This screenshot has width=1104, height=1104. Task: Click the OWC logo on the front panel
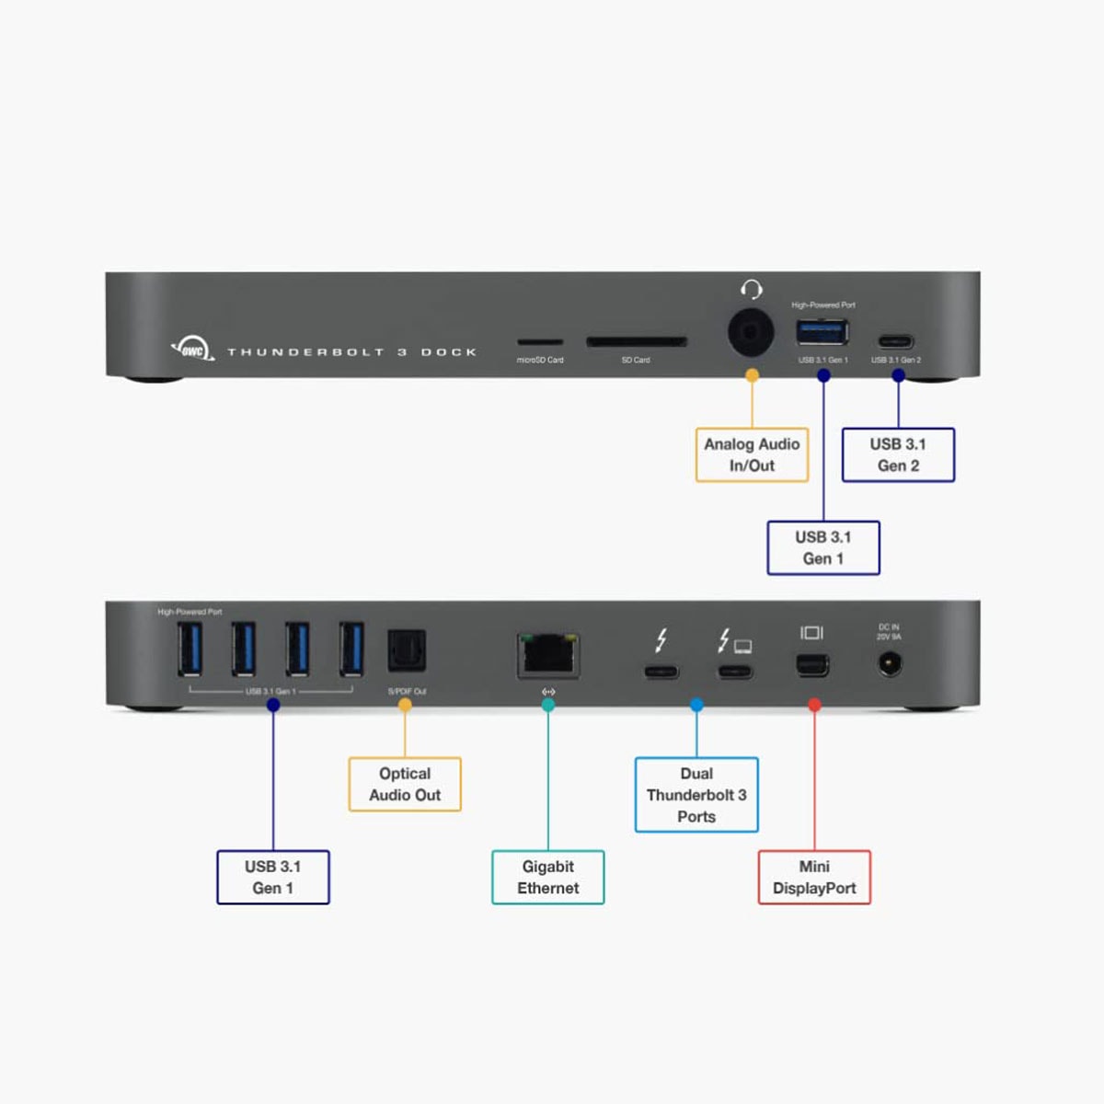pyautogui.click(x=192, y=350)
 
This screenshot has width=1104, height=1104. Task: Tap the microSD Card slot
pyautogui.click(x=540, y=342)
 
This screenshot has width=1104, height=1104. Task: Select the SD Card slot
pyautogui.click(x=637, y=342)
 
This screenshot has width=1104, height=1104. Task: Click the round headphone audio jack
pyautogui.click(x=751, y=332)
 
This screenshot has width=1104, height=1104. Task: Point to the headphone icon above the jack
pyautogui.click(x=752, y=290)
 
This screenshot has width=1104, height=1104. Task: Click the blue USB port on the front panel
pyautogui.click(x=822, y=331)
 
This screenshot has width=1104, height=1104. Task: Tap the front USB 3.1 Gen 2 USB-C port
pyautogui.click(x=896, y=341)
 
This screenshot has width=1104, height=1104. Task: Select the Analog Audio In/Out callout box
pyautogui.click(x=752, y=454)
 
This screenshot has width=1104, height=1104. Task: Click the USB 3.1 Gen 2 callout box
pyautogui.click(x=898, y=454)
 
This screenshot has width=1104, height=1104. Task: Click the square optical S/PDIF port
pyautogui.click(x=406, y=650)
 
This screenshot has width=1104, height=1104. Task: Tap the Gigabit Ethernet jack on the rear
pyautogui.click(x=548, y=654)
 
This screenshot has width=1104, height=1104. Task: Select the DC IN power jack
pyautogui.click(x=889, y=662)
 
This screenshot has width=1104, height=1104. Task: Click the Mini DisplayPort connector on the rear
pyautogui.click(x=812, y=664)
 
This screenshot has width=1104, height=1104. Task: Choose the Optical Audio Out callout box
pyautogui.click(x=405, y=784)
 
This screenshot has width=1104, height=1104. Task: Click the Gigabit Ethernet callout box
pyautogui.click(x=548, y=877)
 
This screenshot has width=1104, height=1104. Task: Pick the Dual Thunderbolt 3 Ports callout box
pyautogui.click(x=696, y=795)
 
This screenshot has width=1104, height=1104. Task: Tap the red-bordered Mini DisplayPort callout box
pyautogui.click(x=814, y=877)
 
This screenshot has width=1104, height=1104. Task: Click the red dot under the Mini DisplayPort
pyautogui.click(x=814, y=705)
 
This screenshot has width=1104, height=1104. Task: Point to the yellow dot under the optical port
pyautogui.click(x=405, y=705)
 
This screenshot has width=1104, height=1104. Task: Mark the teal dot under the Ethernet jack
pyautogui.click(x=548, y=705)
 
